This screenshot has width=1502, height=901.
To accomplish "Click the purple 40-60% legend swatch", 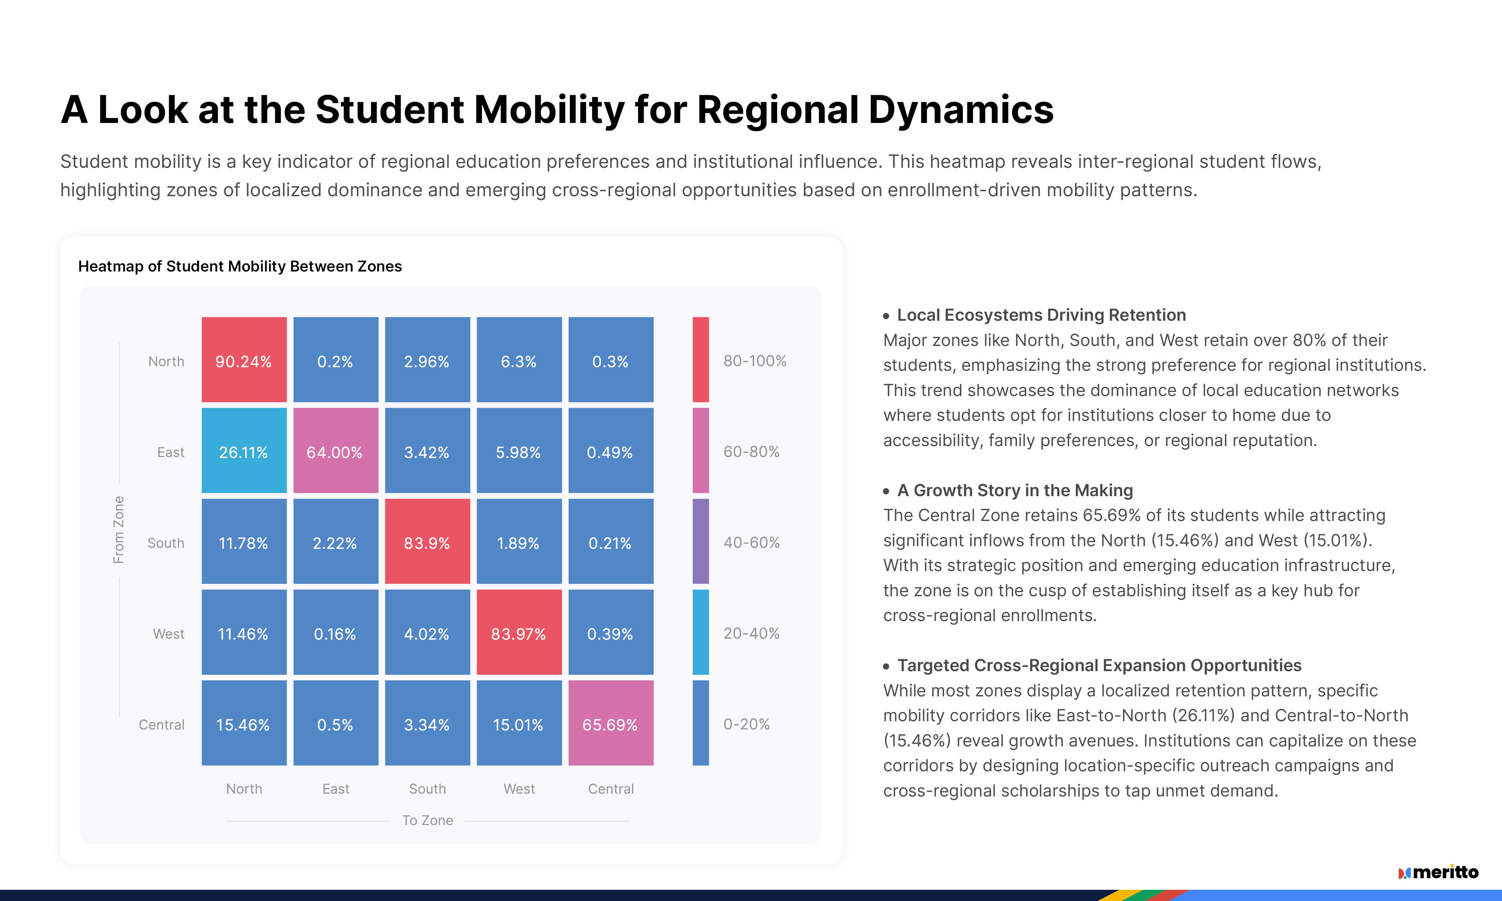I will coord(701,541).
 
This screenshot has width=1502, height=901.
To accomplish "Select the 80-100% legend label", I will coord(755,361).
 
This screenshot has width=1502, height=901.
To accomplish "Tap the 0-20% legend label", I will coord(746,724).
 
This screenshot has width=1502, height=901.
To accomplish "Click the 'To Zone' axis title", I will coord(427,820).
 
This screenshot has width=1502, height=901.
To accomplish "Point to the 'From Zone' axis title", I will coord(119,529).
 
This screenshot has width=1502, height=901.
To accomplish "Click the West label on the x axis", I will coord(519,789).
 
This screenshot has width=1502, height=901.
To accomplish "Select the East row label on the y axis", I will coord(171,453).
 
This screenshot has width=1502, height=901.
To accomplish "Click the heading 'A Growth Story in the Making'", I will coord(1015,490).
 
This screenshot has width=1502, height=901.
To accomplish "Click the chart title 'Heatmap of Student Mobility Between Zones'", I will coord(240,266).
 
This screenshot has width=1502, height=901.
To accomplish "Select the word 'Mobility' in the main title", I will coord(549,110).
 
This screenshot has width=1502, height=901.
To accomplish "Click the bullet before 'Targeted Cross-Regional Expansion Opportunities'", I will coord(886,666).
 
